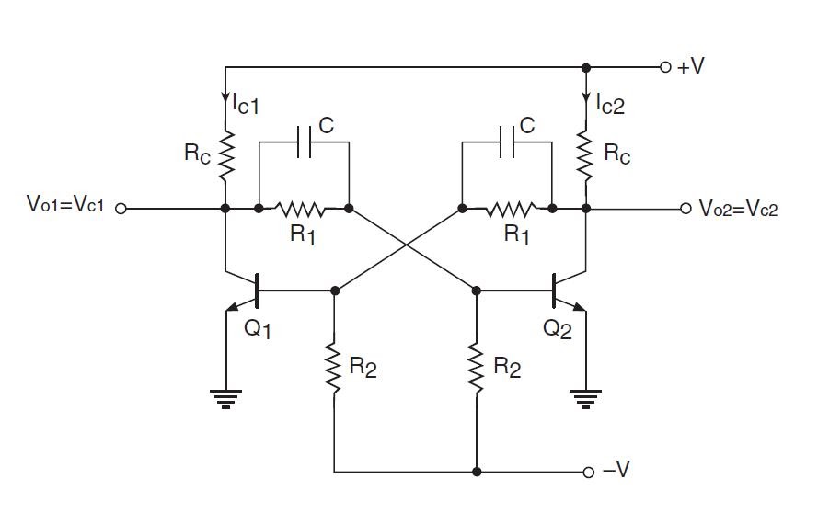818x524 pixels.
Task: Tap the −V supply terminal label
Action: [x=616, y=472]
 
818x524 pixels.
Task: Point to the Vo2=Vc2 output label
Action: [x=738, y=209]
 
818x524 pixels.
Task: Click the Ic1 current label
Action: [x=246, y=105]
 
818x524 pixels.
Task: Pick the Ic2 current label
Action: [x=609, y=105]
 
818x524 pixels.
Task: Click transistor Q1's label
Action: [x=259, y=328]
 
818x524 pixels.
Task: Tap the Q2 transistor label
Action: [x=557, y=328]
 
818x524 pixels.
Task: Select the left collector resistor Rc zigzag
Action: [x=225, y=153]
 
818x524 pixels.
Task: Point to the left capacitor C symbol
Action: [x=304, y=142]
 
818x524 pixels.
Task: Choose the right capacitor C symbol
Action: [x=506, y=142]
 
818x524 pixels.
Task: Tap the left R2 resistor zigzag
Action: [x=335, y=369]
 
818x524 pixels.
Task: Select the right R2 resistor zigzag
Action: [x=476, y=369]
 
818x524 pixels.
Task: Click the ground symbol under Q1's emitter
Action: [x=225, y=397]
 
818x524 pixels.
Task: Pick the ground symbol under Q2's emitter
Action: [x=586, y=397]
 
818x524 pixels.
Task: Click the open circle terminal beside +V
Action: [x=665, y=67]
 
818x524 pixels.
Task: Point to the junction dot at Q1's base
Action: [x=335, y=290]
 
